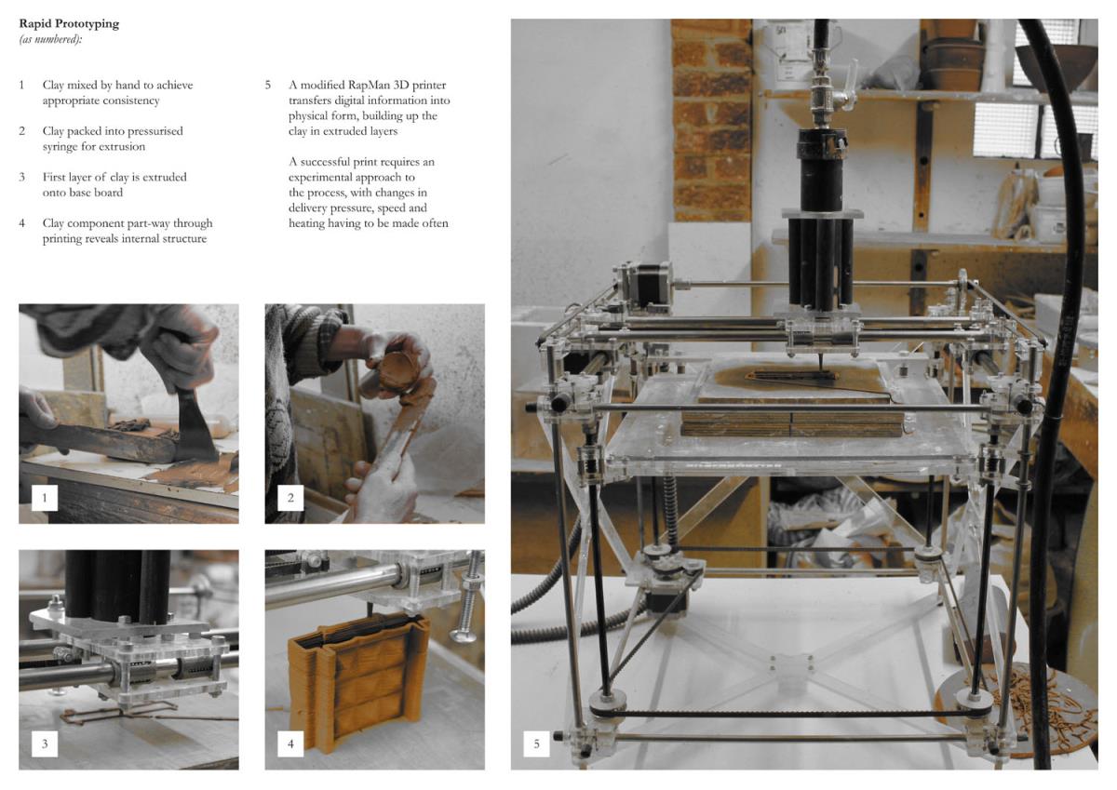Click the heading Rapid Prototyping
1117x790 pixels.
pyautogui.click(x=69, y=24)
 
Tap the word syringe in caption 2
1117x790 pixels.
pyautogui.click(x=61, y=146)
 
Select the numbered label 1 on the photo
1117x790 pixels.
pyautogui.click(x=45, y=498)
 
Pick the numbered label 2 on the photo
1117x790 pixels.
pyautogui.click(x=290, y=498)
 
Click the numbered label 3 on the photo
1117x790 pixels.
pyautogui.click(x=45, y=743)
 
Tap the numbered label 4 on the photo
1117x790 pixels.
pyautogui.click(x=290, y=743)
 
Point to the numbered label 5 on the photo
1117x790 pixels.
pyautogui.click(x=536, y=743)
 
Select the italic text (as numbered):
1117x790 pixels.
pyautogui.click(x=50, y=39)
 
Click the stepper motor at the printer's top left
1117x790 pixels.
pyautogui.click(x=647, y=284)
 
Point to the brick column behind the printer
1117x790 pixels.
pyautogui.click(x=712, y=120)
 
